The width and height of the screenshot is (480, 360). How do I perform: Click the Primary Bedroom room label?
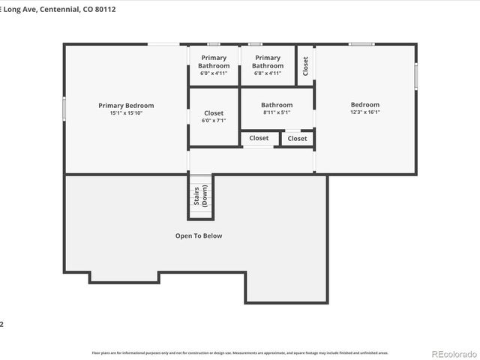coord(126,106)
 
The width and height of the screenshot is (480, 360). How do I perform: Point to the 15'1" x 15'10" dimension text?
coord(126,113)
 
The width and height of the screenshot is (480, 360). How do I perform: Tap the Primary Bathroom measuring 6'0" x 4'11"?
coord(213,61)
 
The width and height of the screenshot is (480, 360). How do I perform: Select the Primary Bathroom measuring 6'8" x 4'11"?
coord(267,61)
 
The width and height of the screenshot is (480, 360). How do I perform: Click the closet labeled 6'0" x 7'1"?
coord(213,116)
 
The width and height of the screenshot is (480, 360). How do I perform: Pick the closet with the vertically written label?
coord(305,65)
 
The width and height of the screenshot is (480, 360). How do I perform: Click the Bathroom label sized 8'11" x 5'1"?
coord(277,105)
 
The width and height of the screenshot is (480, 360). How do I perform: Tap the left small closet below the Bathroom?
coord(259,138)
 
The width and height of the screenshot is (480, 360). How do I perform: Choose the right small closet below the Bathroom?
coord(297,138)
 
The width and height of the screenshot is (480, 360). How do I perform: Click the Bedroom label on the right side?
coord(365,105)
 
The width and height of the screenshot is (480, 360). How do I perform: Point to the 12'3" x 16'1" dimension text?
coord(365,112)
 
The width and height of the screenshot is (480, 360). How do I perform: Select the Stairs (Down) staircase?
coord(201,196)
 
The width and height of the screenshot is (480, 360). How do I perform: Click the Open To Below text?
coord(199,235)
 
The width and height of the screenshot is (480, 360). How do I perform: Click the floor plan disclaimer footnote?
coord(240,352)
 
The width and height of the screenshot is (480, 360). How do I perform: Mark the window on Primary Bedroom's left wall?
coord(64,109)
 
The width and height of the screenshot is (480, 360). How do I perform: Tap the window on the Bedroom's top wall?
coord(361,44)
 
